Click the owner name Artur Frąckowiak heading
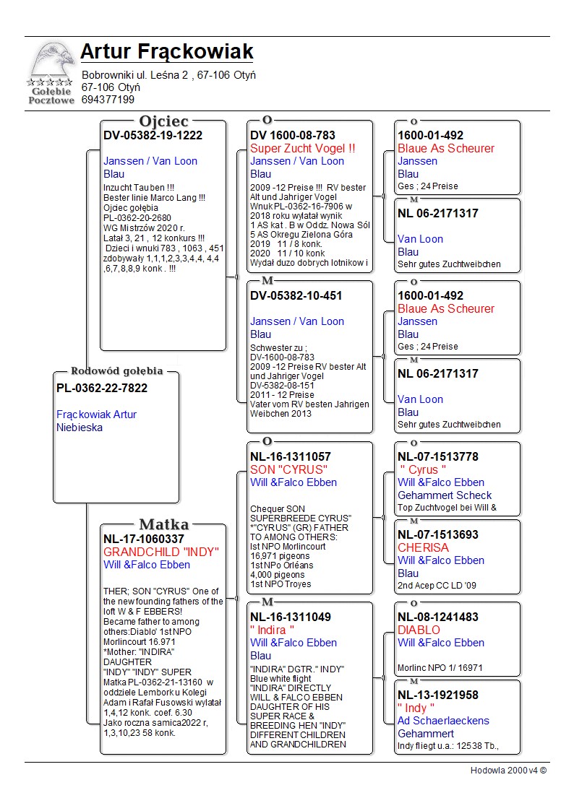point(166,52)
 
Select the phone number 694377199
point(108,100)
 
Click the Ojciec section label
point(164,121)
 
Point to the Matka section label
point(164,524)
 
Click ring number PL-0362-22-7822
point(102,389)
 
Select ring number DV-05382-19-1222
point(153,136)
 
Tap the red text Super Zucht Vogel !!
point(303,149)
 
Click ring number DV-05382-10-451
point(296,296)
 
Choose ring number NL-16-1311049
point(291,617)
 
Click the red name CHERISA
point(423,548)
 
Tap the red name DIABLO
point(419,630)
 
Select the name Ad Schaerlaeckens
point(443,721)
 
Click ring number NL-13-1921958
point(437,695)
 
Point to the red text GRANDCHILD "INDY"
point(161,552)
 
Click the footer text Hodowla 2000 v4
point(508,771)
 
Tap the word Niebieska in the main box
point(80,428)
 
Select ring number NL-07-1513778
point(437,457)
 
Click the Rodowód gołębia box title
point(116,371)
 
